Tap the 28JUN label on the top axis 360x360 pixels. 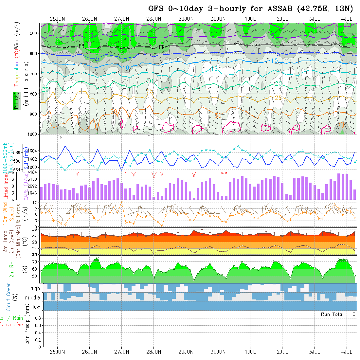point(153,19)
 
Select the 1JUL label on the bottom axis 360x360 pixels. point(250,352)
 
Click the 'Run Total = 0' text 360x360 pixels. point(338,314)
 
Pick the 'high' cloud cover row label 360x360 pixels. point(35,288)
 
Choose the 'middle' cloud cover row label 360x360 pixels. point(33,297)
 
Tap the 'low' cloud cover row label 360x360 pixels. point(36,307)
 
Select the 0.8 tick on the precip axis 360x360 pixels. point(37,318)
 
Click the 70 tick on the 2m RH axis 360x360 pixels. point(34,261)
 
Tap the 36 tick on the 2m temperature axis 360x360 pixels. point(34,229)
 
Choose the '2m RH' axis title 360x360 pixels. point(12,269)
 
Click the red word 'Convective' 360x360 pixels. point(11,325)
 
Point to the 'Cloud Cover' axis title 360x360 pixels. point(8,297)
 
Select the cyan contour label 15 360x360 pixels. point(214,69)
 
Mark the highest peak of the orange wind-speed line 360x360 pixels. point(122,202)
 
